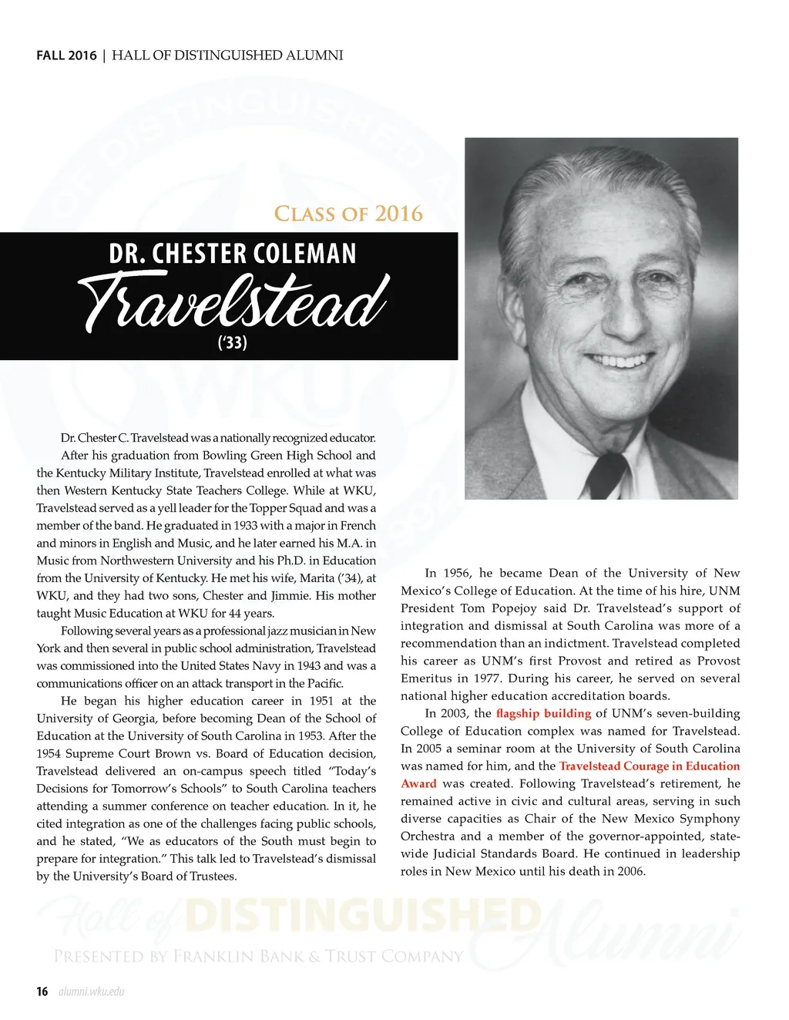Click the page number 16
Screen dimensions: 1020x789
click(42, 991)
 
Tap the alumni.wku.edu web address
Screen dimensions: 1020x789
click(91, 991)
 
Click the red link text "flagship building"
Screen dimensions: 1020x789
click(543, 713)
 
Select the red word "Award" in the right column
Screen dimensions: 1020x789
click(418, 783)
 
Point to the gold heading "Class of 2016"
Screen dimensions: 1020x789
click(348, 214)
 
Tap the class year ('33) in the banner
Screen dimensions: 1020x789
click(232, 342)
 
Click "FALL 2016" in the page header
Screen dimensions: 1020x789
click(66, 56)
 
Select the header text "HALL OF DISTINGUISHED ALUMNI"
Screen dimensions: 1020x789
click(227, 56)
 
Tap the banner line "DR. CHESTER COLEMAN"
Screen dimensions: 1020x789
click(233, 254)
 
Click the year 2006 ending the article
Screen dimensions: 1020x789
click(630, 871)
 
